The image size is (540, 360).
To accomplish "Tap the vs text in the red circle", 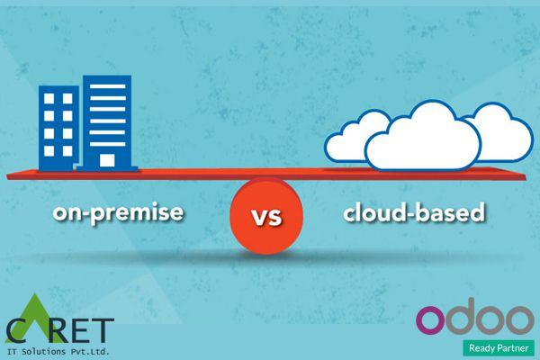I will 267,217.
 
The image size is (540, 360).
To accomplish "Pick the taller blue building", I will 106,121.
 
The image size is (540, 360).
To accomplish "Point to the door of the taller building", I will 107,161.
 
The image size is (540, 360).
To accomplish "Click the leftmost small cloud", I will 347,144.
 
